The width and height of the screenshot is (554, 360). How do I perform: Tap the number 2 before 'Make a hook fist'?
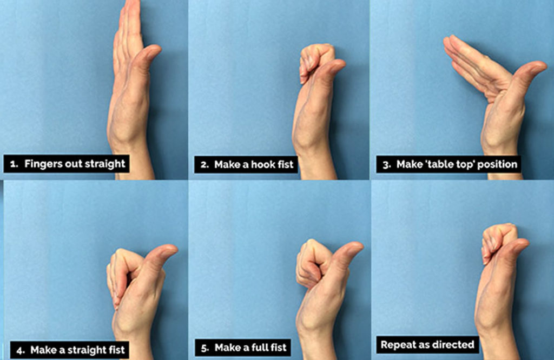click(x=204, y=164)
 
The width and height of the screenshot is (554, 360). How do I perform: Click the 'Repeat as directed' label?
click(x=427, y=344)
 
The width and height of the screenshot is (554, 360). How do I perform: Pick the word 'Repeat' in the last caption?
click(x=397, y=344)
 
